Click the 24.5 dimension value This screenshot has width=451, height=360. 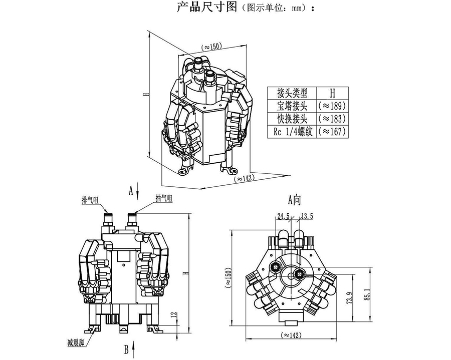284,217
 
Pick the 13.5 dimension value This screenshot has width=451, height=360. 306,217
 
